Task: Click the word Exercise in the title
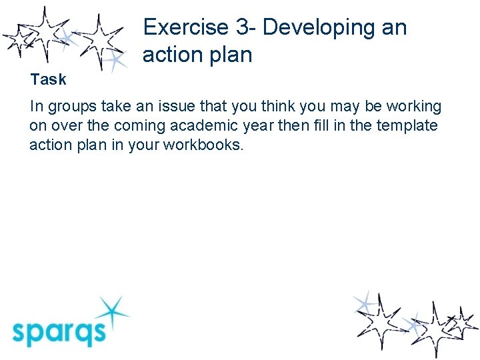point(185,27)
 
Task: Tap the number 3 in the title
point(241,27)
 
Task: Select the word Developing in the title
point(319,27)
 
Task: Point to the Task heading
point(48,79)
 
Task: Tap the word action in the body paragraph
point(48,145)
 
